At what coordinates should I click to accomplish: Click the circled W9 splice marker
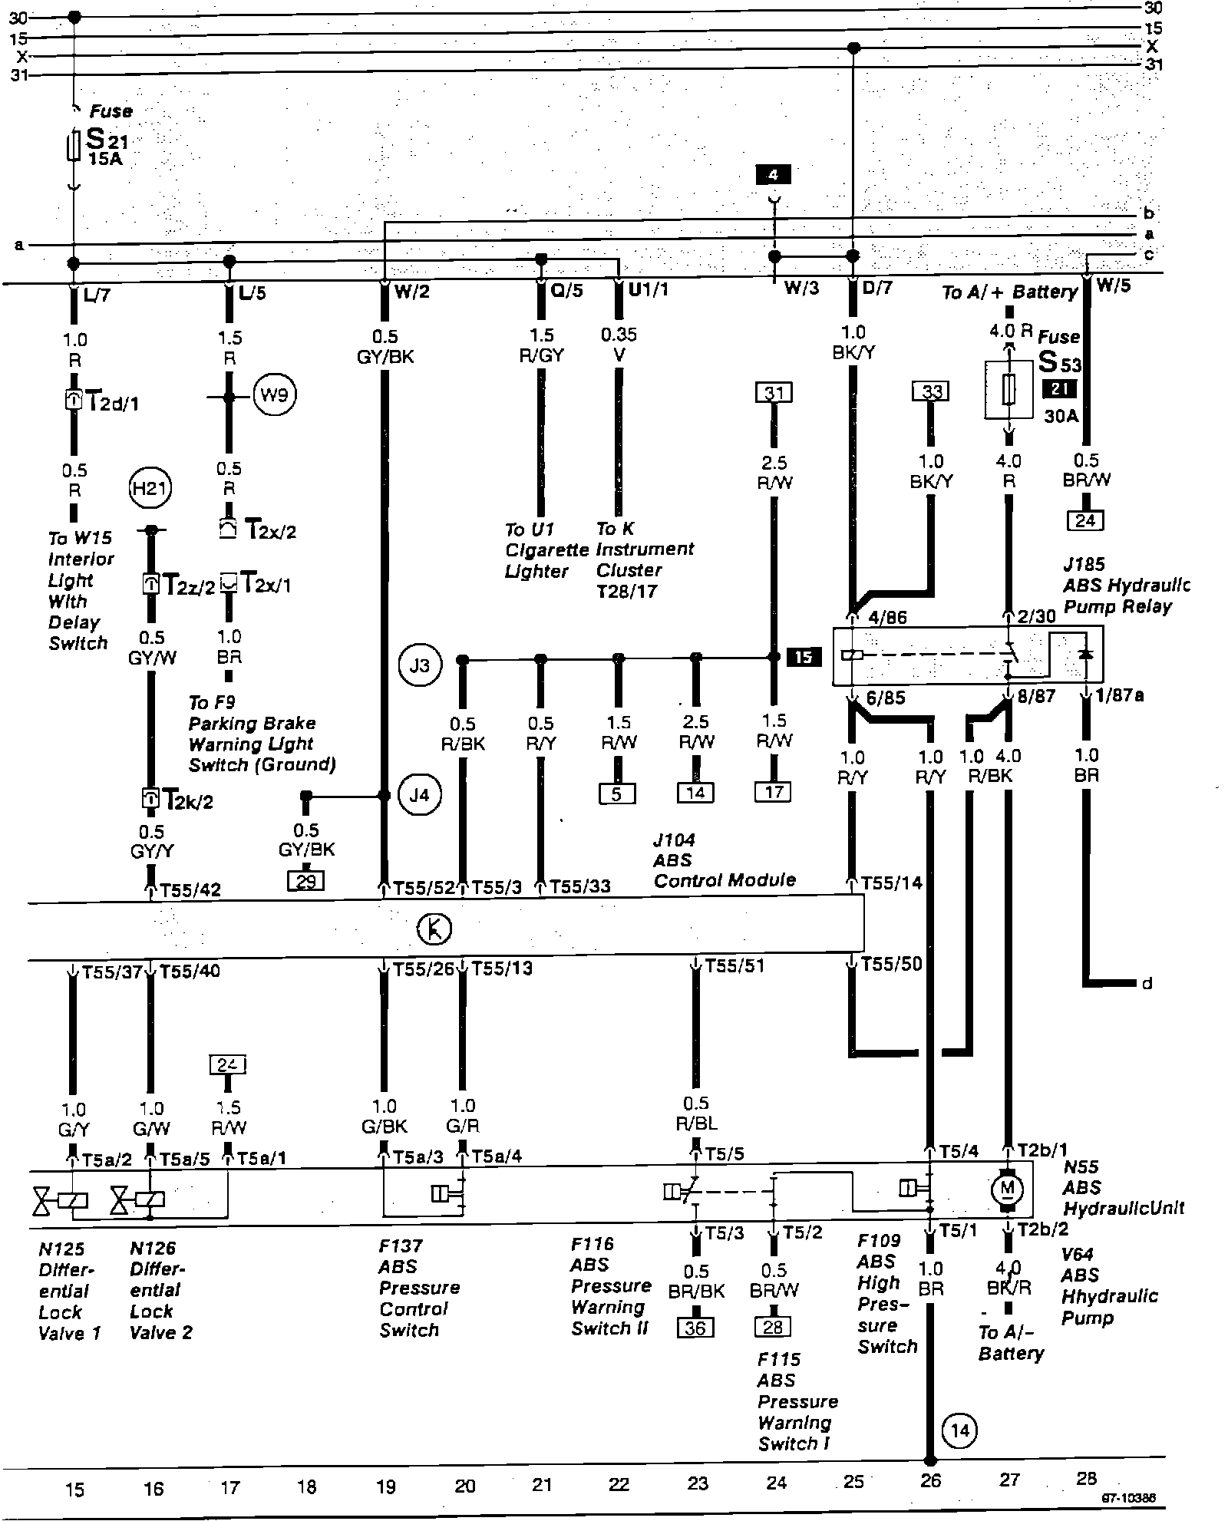274,396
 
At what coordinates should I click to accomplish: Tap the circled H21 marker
150,488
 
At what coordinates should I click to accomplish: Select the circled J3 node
418,665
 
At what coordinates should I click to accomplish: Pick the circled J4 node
418,794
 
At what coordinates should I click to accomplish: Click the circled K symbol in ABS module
434,929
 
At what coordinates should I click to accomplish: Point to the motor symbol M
1008,1210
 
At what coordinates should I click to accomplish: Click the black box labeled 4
773,175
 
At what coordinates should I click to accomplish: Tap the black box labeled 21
1060,389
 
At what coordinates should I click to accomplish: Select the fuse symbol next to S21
74,146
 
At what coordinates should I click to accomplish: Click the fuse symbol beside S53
1008,391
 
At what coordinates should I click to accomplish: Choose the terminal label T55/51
734,965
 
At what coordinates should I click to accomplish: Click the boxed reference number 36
695,1327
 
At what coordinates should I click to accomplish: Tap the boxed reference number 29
305,880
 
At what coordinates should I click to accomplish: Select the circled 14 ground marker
959,1430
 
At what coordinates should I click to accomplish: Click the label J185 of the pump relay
1084,565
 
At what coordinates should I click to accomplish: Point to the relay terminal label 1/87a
1120,695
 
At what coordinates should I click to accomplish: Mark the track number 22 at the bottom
619,1483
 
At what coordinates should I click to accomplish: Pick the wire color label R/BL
696,1124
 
